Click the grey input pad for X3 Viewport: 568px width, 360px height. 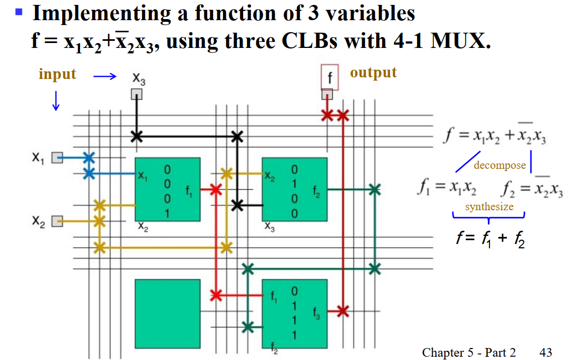tap(136, 95)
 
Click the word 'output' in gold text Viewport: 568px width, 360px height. tap(373, 72)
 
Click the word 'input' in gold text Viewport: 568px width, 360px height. tap(57, 74)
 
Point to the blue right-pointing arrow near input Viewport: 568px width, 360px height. tap(105, 77)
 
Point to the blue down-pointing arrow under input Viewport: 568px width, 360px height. tap(56, 101)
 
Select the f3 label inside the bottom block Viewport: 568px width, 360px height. tap(317, 313)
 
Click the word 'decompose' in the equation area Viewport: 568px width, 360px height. tap(499, 166)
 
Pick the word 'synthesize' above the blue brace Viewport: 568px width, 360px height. tap(489, 206)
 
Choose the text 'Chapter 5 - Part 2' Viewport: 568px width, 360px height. tap(469, 352)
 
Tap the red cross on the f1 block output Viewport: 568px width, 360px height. tap(216, 190)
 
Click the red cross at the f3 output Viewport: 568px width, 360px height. tap(342, 311)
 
